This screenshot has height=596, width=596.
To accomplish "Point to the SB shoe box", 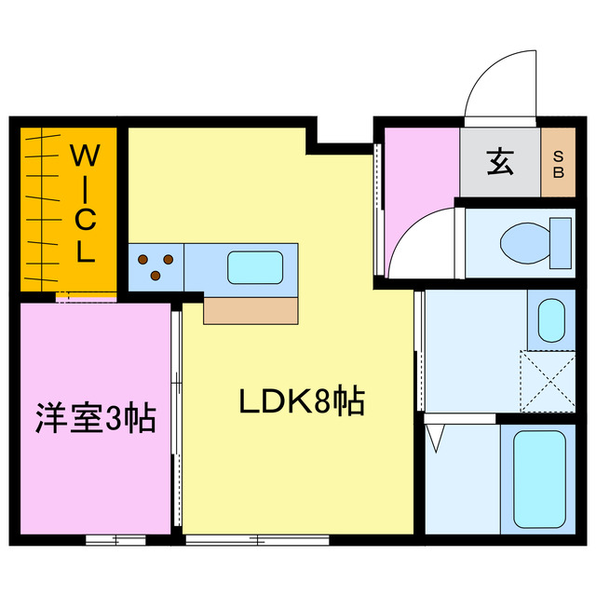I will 559,163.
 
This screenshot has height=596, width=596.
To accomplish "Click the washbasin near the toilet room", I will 550,319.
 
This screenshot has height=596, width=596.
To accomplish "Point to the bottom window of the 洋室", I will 115,539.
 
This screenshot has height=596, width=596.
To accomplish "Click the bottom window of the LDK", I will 256,539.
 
